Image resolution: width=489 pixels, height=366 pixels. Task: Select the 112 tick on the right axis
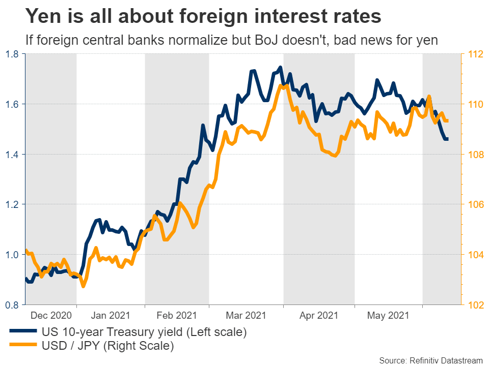coord(475,54)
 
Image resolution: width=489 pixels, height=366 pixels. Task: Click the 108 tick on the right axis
coord(475,154)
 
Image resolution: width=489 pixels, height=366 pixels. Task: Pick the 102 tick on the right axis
coord(475,304)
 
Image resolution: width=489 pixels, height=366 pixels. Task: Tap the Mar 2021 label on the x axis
coord(246,316)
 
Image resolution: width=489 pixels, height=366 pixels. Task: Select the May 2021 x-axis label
coord(388,316)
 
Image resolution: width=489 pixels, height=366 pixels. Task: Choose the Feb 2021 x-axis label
coord(176,316)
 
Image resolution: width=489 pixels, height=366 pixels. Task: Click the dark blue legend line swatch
coord(23,333)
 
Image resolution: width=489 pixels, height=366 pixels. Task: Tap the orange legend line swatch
coord(23,347)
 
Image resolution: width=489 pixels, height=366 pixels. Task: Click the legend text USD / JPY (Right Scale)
coord(107,347)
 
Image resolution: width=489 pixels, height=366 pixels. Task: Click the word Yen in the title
coord(42,17)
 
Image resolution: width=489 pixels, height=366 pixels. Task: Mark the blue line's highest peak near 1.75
coord(280,67)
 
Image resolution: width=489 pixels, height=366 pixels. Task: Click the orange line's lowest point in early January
coord(84,287)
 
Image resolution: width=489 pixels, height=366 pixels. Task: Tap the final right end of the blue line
coord(447,139)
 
